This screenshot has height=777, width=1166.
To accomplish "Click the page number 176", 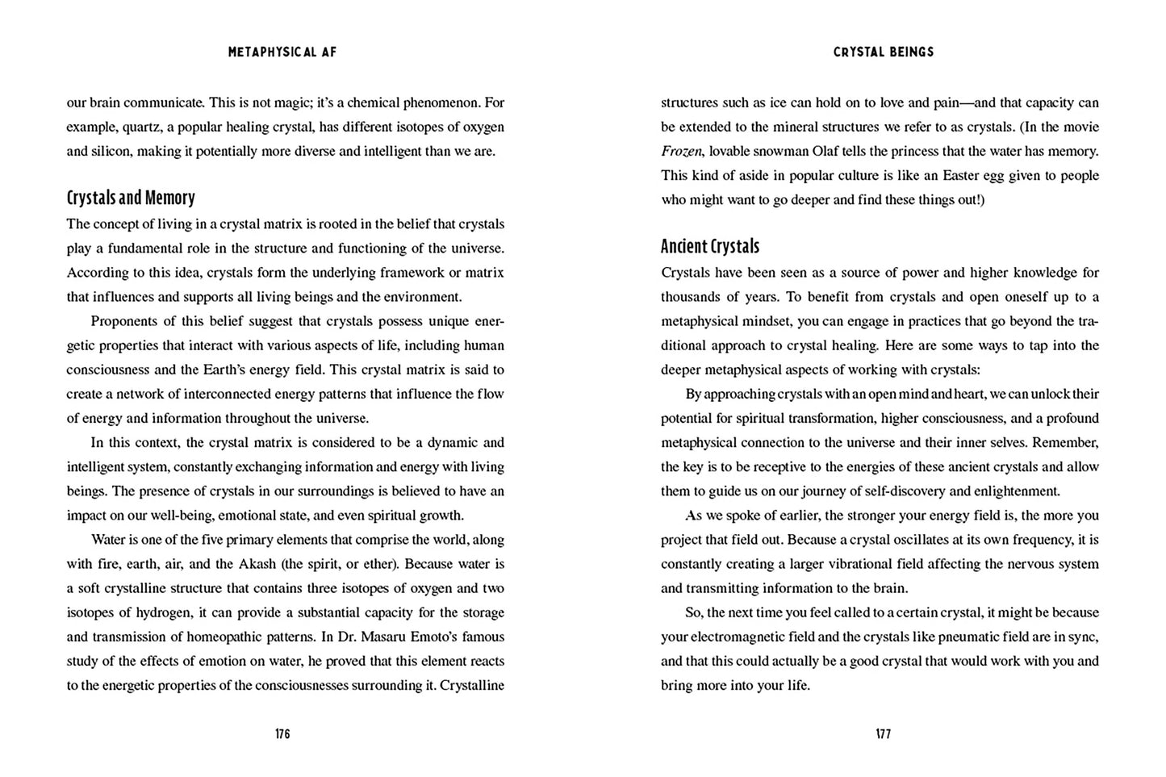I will coord(282,734).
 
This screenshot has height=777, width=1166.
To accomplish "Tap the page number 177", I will coord(883,734).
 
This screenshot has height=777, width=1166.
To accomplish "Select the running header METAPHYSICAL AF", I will coord(282,52).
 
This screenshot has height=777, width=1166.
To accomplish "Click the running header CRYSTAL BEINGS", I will coord(883,52).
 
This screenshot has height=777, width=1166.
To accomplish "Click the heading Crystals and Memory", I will coord(131,198).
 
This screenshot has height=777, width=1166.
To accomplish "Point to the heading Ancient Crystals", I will coord(710,247).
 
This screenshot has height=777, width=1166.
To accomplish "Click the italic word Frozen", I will coord(682,152).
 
